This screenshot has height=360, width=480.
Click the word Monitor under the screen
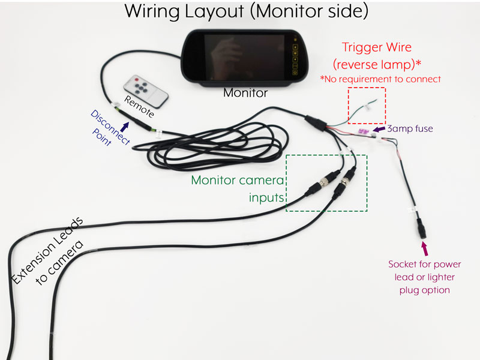pos(245,93)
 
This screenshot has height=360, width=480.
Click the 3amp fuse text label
pos(410,128)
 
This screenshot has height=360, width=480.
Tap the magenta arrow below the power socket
pos(425,247)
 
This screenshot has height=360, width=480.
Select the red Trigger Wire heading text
pos(380,47)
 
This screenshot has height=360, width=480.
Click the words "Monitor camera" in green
pos(238,180)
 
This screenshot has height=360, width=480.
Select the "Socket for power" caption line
pos(425,264)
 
